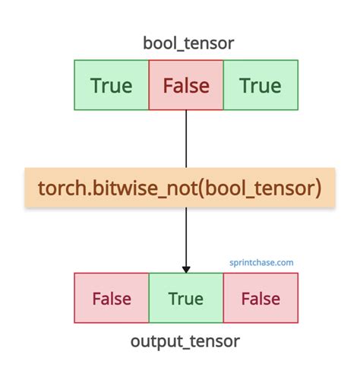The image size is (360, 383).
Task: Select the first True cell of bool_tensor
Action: tap(112, 86)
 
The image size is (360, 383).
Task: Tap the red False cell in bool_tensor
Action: tap(186, 86)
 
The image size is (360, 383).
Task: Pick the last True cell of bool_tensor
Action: tap(261, 86)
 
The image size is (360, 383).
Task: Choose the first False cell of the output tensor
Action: tap(112, 299)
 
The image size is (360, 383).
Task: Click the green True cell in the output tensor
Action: tap(186, 299)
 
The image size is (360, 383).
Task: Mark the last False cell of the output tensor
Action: tap(261, 299)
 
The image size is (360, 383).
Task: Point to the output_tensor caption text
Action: tap(186, 342)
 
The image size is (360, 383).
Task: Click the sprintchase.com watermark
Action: tap(261, 263)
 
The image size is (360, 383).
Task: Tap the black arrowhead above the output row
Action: tap(186, 268)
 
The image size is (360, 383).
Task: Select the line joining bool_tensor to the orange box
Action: tap(186, 137)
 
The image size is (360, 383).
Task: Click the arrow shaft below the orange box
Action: tap(186, 236)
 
